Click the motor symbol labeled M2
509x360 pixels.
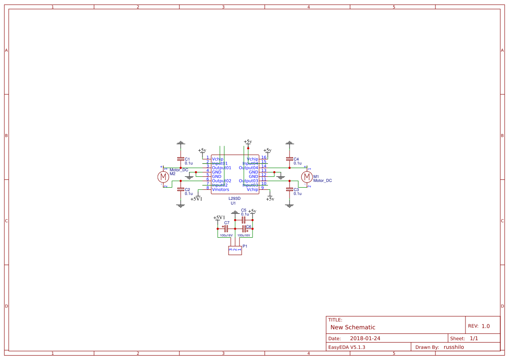click(163, 177)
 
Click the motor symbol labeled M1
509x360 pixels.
click(307, 177)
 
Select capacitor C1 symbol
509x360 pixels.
click(180, 159)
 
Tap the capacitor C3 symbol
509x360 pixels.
click(289, 189)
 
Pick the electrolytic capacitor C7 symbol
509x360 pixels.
click(226, 229)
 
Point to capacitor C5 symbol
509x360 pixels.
click(243, 220)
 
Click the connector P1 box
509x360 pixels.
click(235, 250)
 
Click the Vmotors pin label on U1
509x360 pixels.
click(220, 190)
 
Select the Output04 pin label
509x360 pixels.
click(248, 168)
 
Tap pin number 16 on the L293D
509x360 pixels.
click(264, 158)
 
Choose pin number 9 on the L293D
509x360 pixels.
click(263, 188)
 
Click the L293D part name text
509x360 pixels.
click(235, 199)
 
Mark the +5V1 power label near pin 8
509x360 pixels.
click(196, 199)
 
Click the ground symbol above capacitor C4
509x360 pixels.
click(289, 143)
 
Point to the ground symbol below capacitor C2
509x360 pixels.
click(180, 205)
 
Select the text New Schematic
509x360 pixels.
click(353, 327)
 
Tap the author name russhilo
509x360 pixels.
click(454, 347)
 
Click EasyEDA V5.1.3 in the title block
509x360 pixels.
click(347, 347)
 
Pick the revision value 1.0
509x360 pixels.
click(485, 326)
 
